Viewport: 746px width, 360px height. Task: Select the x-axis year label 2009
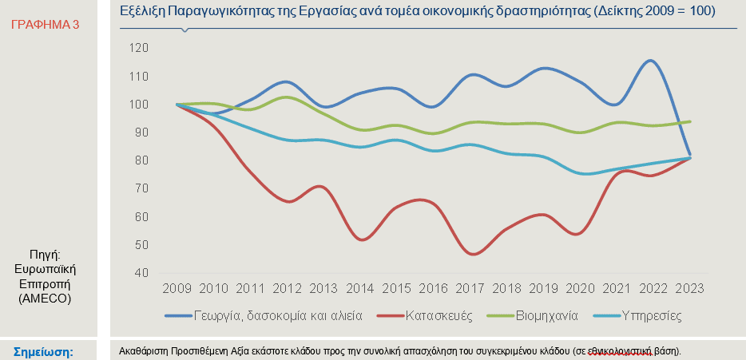tap(176, 287)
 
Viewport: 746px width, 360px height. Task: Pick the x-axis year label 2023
tap(688, 287)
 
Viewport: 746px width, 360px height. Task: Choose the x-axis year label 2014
tap(362, 287)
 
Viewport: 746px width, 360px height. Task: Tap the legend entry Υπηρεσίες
tap(653, 315)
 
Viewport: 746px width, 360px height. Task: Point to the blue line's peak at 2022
tap(651, 61)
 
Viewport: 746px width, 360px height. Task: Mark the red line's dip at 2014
tap(363, 239)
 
